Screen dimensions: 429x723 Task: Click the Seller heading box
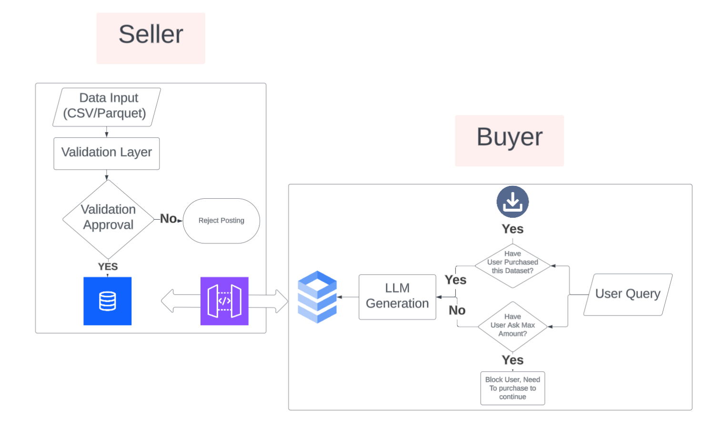tap(151, 38)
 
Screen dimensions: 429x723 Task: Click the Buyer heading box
tap(509, 140)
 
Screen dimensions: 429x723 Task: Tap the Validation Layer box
tap(106, 153)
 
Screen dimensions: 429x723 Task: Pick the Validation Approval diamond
tap(108, 219)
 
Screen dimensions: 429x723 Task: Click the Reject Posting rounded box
tap(221, 221)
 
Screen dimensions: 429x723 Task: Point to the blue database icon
tap(107, 301)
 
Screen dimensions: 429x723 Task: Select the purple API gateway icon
tap(224, 301)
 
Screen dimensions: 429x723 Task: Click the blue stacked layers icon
tap(317, 296)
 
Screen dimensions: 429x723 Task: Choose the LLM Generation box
tap(397, 296)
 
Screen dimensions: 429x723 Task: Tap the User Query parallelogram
tap(627, 294)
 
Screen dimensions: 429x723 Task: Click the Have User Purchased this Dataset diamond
tap(512, 266)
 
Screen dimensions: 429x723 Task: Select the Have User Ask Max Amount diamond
tap(512, 327)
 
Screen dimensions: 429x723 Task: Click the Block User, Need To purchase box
tap(512, 388)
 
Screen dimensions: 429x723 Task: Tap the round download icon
tap(512, 202)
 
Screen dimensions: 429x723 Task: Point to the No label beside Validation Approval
tap(168, 219)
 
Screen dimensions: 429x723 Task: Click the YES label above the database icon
tap(108, 266)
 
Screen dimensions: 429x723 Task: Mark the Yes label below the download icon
tap(512, 229)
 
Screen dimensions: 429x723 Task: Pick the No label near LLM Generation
tap(457, 310)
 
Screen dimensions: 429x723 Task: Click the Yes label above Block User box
tap(512, 360)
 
